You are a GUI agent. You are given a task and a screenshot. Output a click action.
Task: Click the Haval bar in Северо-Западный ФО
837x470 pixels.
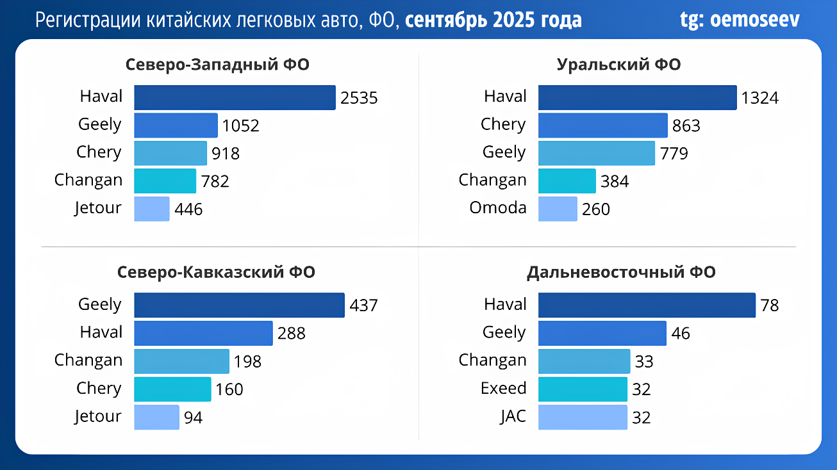coord(235,97)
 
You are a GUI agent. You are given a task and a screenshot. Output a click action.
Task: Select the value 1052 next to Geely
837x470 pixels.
coord(240,126)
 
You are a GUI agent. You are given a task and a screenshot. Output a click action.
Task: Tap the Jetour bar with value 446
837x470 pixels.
coord(152,209)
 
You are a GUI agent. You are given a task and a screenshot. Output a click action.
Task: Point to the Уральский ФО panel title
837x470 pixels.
coord(618,65)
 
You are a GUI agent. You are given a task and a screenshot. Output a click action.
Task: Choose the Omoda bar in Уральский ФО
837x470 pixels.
coord(558,209)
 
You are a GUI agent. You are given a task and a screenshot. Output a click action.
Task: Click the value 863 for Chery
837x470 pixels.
coord(686,126)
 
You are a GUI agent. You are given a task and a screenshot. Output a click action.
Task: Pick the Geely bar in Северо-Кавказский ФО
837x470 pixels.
coord(239,305)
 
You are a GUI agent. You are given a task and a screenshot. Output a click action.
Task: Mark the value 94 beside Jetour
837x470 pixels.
coord(193,418)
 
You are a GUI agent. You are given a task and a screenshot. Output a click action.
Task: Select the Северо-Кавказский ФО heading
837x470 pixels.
coord(217,272)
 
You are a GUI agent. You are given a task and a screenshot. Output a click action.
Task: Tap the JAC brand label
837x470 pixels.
coord(513,416)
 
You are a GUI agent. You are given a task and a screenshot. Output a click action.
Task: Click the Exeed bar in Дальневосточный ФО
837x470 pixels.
coord(583,389)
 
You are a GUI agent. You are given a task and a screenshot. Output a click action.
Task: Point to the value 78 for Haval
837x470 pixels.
coord(769,305)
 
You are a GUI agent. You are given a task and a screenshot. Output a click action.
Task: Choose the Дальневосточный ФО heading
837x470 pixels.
coord(621,272)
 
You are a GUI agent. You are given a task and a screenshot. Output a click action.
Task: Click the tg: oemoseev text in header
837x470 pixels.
coord(740,20)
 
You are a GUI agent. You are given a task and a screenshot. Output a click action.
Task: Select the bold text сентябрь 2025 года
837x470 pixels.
coord(493,20)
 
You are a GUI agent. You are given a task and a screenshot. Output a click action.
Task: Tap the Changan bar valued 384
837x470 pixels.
coord(567,181)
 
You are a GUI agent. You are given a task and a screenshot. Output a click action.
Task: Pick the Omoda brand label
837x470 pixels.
coord(498,207)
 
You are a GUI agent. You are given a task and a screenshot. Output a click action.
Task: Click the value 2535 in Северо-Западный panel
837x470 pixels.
coord(359,98)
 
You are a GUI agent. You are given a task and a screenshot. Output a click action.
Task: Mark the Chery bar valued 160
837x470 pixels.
coord(172,389)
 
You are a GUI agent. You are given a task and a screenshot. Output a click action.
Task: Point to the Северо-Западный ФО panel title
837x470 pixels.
coord(217,65)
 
